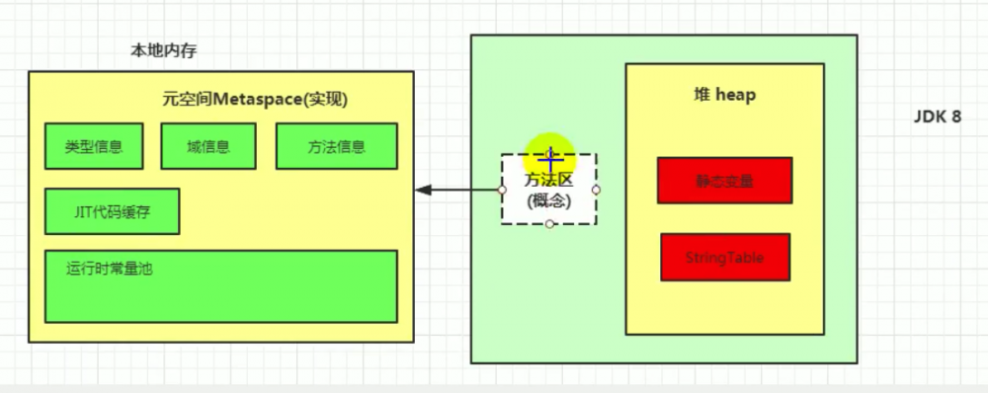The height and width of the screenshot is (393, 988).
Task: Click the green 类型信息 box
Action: [x=94, y=147]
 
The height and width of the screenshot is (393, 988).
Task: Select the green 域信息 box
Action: [x=208, y=147]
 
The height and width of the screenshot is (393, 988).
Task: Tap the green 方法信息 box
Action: [x=336, y=147]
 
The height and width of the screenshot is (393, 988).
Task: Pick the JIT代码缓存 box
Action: [x=112, y=210]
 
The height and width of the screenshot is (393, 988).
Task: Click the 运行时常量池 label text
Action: [x=108, y=267]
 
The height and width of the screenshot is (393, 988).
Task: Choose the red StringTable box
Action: [x=724, y=258]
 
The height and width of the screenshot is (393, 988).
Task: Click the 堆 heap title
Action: [x=724, y=95]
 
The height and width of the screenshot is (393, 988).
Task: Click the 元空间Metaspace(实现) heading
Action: [x=255, y=100]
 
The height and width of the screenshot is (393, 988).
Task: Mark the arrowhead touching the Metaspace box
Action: [x=421, y=190]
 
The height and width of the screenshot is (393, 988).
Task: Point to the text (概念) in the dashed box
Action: [x=548, y=200]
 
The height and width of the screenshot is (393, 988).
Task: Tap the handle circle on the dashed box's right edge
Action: [x=596, y=190]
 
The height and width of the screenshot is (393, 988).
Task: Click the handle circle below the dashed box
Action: [x=549, y=224]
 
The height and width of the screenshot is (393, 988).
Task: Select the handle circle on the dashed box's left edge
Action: [x=502, y=190]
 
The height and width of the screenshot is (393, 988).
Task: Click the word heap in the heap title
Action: [x=736, y=95]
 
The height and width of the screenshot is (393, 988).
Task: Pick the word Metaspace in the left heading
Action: [x=251, y=100]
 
